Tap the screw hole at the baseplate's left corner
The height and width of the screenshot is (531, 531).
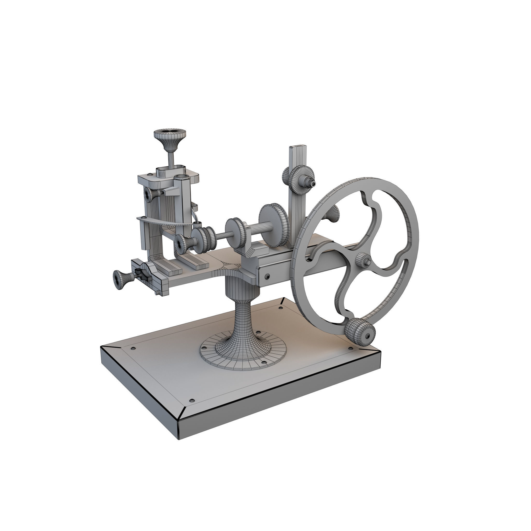click(134, 348)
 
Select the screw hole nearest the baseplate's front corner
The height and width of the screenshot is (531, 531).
click(192, 400)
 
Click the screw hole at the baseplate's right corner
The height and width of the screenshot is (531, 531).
click(351, 348)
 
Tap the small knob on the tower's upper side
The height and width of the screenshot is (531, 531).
click(150, 195)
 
